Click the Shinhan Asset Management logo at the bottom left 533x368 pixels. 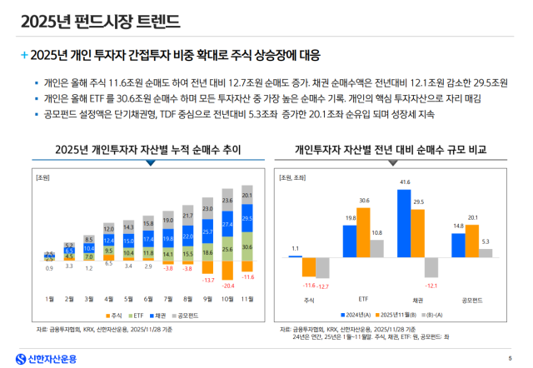pos(42,358)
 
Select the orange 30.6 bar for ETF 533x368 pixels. pos(364,231)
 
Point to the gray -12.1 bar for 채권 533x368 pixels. pos(431,266)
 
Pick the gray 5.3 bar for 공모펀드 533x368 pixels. pos(486,252)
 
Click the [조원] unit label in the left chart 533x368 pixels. pos(43,177)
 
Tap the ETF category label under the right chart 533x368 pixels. pos(364,296)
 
